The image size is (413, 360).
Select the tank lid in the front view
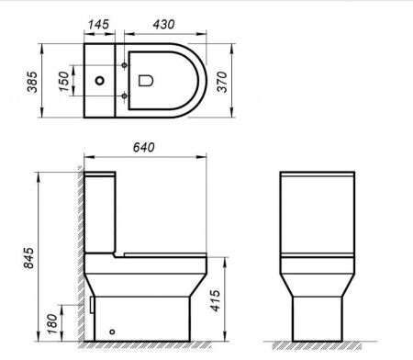[318, 175]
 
